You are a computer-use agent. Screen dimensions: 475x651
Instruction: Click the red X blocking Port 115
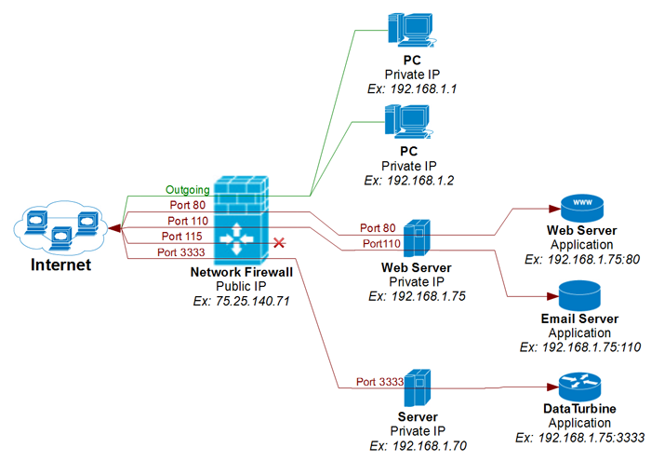point(277,243)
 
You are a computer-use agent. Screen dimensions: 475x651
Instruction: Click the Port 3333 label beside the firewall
point(180,251)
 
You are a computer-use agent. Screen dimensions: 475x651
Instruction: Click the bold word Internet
point(62,265)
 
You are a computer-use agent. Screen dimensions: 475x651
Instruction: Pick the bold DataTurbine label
point(580,409)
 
